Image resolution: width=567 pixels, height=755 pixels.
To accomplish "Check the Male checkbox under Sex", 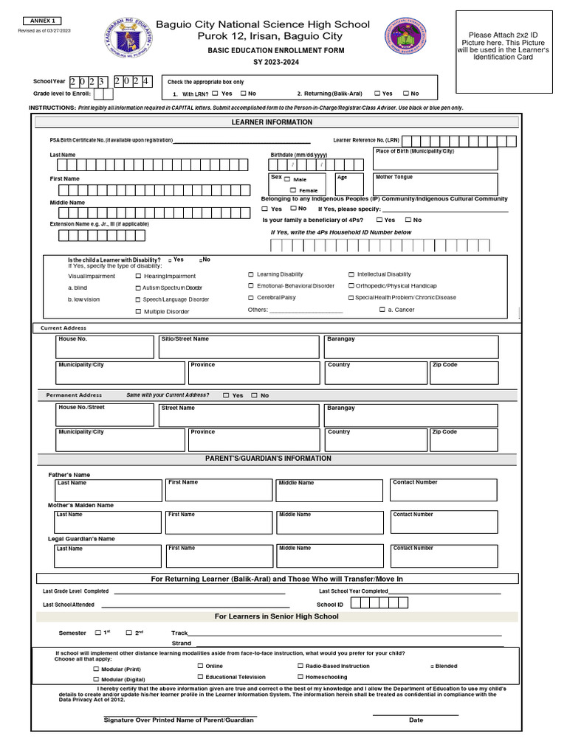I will point(287,179).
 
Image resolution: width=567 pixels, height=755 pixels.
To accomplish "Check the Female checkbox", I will point(292,190).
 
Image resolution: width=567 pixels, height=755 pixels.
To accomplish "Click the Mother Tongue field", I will point(435,184).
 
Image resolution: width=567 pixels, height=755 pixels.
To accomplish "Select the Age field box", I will point(348,184).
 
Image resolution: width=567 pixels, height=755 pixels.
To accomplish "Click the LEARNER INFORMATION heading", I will point(272,122).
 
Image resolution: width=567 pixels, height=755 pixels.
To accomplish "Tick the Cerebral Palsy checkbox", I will point(250,297).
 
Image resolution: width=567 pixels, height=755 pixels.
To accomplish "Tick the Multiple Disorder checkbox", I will point(138,312).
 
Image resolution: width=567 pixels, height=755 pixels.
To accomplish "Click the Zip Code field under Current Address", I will point(464,372).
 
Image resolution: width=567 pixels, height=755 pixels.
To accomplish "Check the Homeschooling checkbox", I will point(300,676).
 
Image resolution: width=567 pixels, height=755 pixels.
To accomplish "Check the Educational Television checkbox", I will point(200,676).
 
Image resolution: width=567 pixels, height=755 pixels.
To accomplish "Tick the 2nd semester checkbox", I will point(128,633).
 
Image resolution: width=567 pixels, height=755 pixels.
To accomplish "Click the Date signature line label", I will point(416,720).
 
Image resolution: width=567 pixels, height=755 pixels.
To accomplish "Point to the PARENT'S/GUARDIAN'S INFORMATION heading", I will point(268,459).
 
